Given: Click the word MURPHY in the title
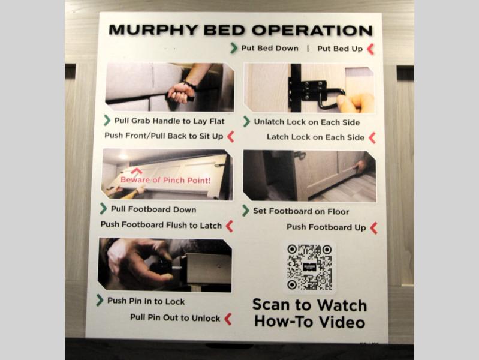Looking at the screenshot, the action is pyautogui.click(x=153, y=30).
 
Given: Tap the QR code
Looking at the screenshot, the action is pyautogui.click(x=309, y=267).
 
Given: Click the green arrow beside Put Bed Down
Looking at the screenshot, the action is pyautogui.click(x=234, y=48).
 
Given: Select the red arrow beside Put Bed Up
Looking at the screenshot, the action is pyautogui.click(x=370, y=49).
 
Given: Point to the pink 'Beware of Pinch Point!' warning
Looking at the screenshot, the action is pyautogui.click(x=165, y=180).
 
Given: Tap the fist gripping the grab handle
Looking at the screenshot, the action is pyautogui.click(x=181, y=92).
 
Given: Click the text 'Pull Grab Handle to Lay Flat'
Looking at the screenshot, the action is pyautogui.click(x=169, y=121).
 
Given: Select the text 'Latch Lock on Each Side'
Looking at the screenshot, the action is pyautogui.click(x=315, y=137).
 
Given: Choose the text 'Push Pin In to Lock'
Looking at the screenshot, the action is pyautogui.click(x=146, y=301).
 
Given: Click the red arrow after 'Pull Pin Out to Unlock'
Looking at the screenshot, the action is pyautogui.click(x=228, y=319).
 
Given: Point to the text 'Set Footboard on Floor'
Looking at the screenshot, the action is pyautogui.click(x=301, y=211).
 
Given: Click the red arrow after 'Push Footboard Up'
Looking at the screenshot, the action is pyautogui.click(x=373, y=228).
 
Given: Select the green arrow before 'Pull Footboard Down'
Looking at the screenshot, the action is pyautogui.click(x=103, y=209).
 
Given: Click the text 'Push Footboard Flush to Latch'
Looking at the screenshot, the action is pyautogui.click(x=161, y=225).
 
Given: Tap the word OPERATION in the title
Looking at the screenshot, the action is pyautogui.click(x=312, y=31).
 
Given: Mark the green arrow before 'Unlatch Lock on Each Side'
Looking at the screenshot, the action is pyautogui.click(x=246, y=121).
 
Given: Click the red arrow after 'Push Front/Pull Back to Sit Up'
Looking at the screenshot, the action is pyautogui.click(x=231, y=136).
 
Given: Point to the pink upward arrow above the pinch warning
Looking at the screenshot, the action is pyautogui.click(x=137, y=170).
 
